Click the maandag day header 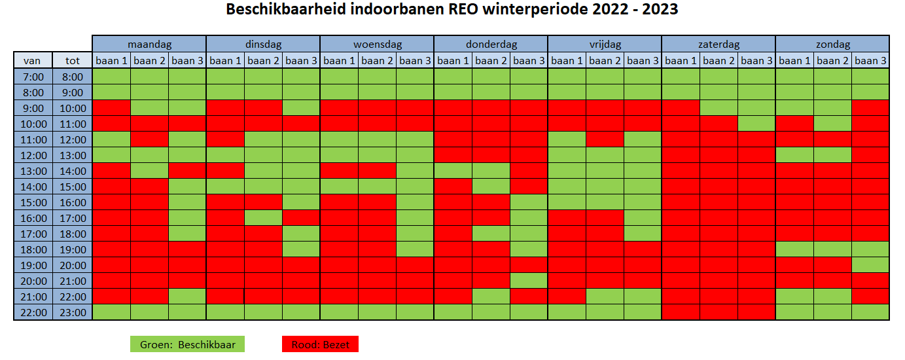point(149,44)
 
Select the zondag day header point(832,44)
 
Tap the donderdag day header point(491,44)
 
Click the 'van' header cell point(33,61)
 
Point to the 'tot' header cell point(73,61)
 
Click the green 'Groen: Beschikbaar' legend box point(187,344)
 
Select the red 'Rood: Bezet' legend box point(321,344)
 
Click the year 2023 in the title point(660,9)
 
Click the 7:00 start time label point(33,77)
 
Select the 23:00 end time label point(73,312)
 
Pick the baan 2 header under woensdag point(377,61)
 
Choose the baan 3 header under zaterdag point(756,61)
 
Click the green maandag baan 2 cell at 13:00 point(149,171)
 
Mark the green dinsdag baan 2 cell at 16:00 point(264,218)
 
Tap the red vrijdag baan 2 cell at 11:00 point(605,139)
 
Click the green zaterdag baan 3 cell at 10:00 point(756,124)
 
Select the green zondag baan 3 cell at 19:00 point(870,265)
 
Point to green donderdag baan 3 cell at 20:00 point(529,281)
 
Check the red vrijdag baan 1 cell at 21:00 point(567,297)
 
